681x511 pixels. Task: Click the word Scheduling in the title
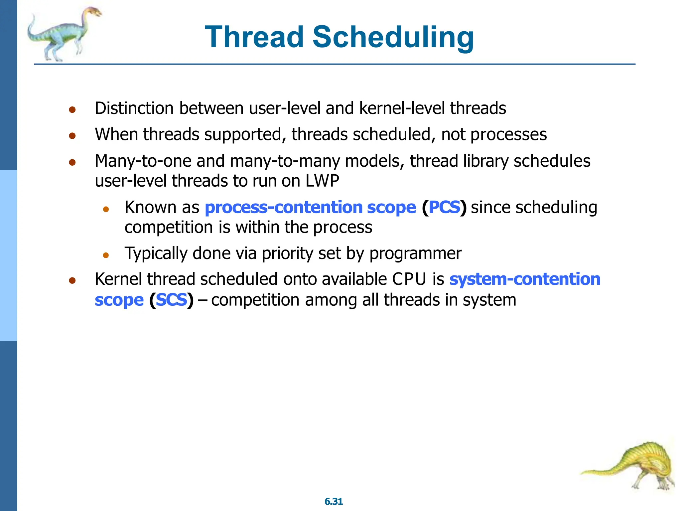pos(393,38)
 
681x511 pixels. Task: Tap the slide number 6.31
pos(334,501)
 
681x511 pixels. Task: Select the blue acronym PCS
pos(444,207)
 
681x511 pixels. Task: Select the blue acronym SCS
pos(171,300)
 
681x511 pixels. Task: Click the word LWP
pos(322,181)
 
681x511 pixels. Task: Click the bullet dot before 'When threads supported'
pos(72,136)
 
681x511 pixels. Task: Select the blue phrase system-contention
pos(524,279)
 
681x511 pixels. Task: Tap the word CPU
pos(409,279)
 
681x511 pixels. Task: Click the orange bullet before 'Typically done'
pos(106,255)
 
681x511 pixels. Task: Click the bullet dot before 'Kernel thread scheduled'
pos(72,280)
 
